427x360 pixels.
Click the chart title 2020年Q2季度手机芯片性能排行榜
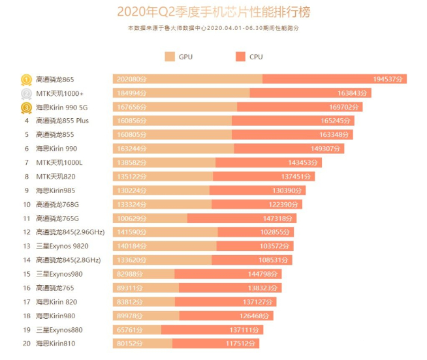(x=213, y=11)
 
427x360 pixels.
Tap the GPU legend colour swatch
(x=170, y=57)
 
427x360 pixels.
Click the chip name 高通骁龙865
(x=56, y=80)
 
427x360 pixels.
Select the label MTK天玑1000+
(x=59, y=93)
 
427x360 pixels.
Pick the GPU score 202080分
(x=131, y=80)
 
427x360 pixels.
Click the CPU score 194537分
(x=389, y=80)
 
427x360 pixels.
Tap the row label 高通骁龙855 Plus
(x=62, y=121)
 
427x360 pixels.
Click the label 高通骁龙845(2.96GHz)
(x=70, y=232)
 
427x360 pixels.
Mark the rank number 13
(x=27, y=247)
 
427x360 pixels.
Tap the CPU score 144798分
(x=264, y=274)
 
